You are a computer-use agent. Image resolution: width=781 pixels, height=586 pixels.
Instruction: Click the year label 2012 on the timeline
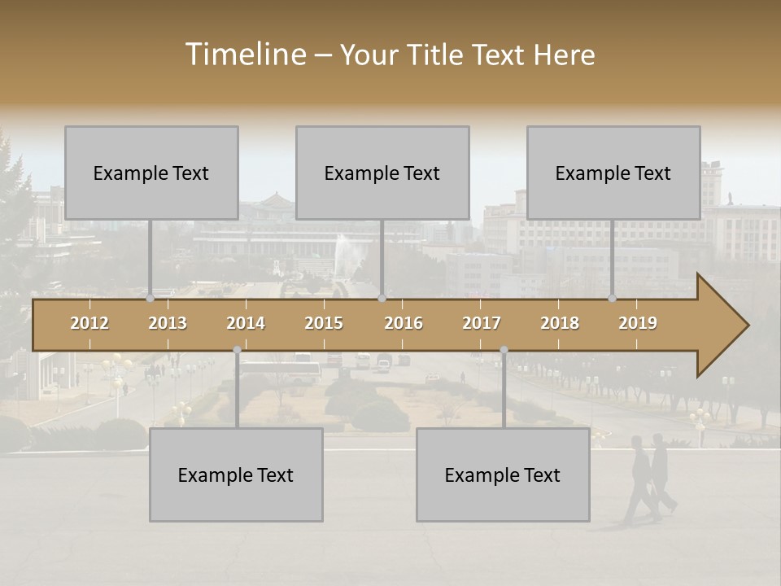click(89, 323)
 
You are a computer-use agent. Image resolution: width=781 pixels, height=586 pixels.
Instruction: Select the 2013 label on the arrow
click(168, 323)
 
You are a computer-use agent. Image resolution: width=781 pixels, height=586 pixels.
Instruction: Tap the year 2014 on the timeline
click(246, 323)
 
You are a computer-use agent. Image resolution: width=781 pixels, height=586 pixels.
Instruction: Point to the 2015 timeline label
click(324, 323)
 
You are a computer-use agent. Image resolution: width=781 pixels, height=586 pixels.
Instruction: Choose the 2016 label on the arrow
click(404, 323)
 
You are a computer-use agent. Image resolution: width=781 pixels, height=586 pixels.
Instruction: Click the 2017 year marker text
click(482, 323)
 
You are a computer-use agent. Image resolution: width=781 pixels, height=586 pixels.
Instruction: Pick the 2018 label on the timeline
click(560, 323)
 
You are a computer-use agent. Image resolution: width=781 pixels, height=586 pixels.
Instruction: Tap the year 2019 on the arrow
click(638, 323)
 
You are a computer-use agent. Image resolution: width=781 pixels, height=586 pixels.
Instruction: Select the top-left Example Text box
click(151, 173)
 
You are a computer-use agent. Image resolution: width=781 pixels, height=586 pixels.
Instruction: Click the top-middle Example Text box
click(382, 173)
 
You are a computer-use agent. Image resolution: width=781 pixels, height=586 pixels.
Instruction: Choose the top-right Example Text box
click(613, 173)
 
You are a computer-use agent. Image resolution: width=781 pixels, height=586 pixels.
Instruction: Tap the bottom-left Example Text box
click(236, 474)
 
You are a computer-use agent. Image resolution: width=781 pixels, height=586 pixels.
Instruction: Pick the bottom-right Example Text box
click(503, 474)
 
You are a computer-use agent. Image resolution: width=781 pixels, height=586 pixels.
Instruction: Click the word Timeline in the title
click(244, 55)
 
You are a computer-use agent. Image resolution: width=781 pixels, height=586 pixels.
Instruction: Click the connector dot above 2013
click(150, 299)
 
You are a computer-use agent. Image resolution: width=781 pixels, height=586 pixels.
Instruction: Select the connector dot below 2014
click(237, 350)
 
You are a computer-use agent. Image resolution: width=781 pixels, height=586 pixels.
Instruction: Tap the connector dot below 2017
click(504, 350)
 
